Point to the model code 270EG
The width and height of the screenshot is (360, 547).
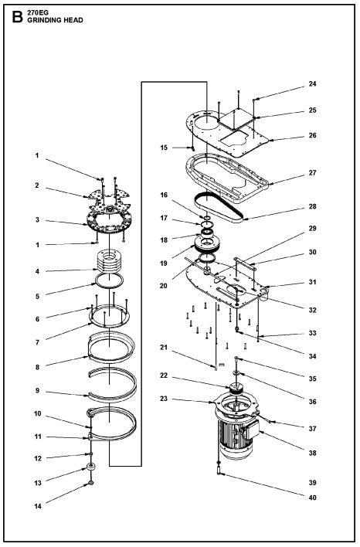[37, 12]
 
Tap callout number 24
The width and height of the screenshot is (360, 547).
[312, 83]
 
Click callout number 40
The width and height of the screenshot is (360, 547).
[312, 497]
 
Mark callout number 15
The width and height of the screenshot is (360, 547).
[164, 147]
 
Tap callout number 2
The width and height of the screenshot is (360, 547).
[36, 185]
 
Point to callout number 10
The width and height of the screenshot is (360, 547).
[36, 413]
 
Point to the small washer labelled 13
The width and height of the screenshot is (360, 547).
[92, 467]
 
